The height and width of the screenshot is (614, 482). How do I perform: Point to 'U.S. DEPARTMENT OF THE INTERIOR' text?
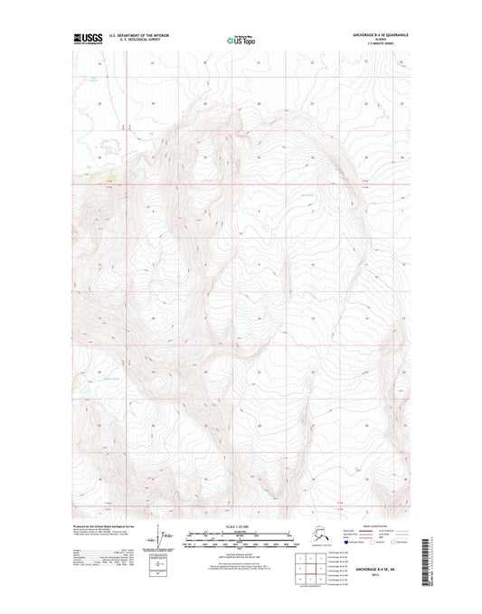coord(139,34)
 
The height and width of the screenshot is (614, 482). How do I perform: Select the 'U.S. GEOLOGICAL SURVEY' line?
coord(139,40)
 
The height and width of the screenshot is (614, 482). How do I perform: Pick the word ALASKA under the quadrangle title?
coord(373,39)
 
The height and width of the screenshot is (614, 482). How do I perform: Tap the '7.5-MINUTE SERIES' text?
coord(373,43)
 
